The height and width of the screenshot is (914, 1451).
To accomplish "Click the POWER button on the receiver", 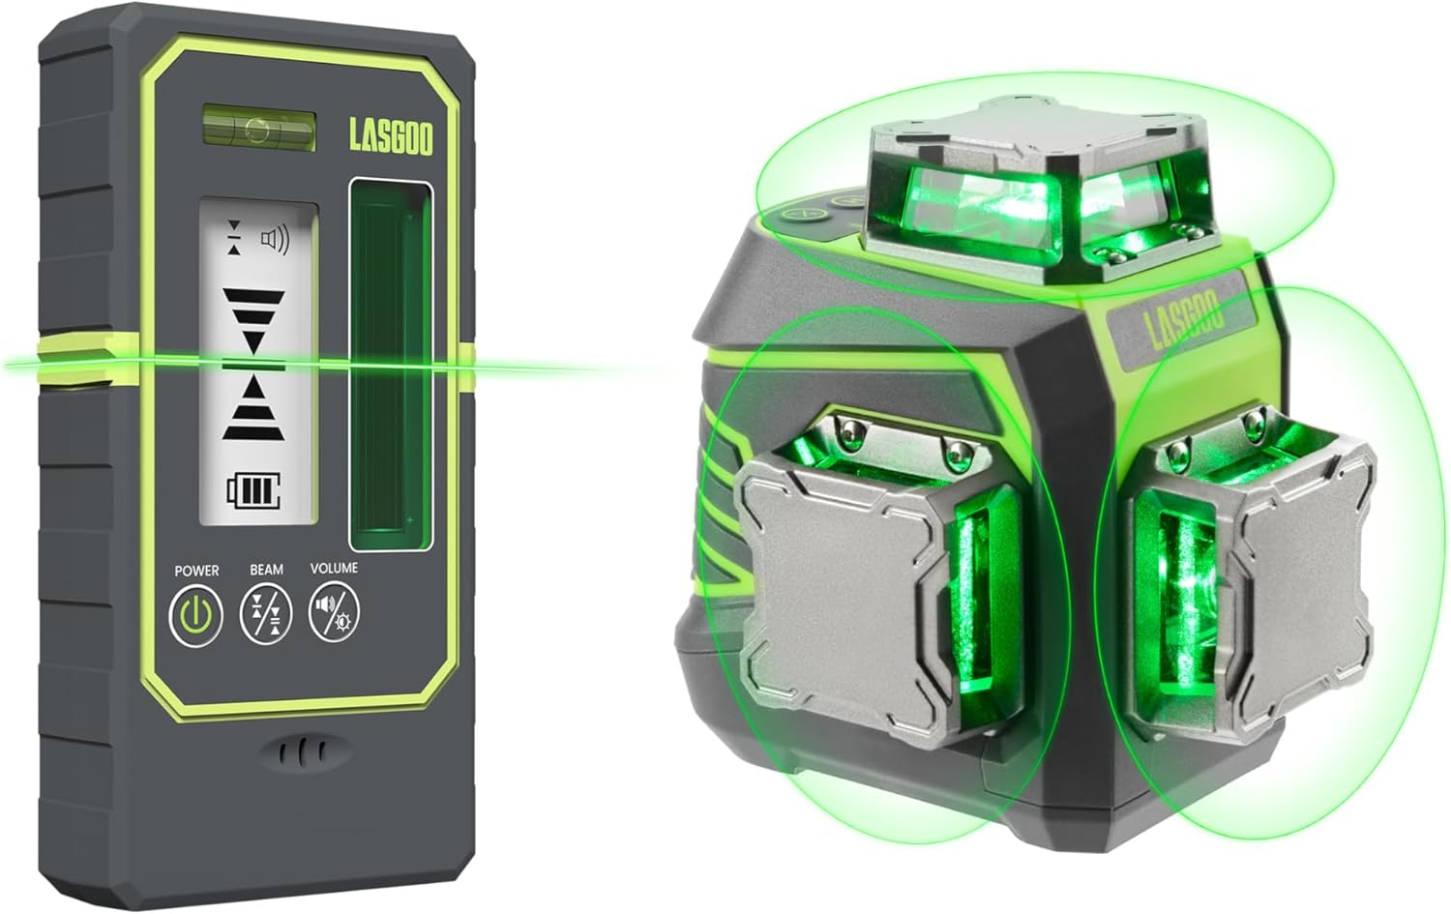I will tap(196, 615).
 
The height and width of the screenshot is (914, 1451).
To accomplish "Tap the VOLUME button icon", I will tap(334, 613).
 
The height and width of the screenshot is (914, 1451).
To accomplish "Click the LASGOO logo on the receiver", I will tap(391, 136).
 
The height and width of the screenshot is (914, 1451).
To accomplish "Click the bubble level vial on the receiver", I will tap(258, 127).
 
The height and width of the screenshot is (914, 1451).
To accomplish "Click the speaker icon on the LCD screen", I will tap(276, 239).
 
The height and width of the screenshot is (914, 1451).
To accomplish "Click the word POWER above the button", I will tap(196, 571).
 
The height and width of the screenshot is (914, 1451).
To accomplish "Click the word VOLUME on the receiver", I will tap(334, 569).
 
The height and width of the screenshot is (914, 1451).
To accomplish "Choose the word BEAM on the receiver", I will tap(266, 570).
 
